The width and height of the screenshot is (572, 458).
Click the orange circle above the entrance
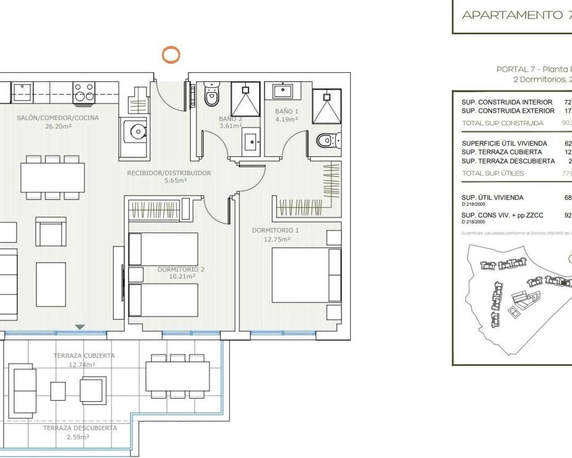click(171, 55)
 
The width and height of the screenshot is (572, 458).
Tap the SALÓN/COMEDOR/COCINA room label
click(58, 118)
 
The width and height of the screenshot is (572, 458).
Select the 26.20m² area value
click(58, 127)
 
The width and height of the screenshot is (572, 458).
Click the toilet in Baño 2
click(211, 95)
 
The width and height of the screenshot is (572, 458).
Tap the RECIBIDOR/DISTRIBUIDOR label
click(169, 173)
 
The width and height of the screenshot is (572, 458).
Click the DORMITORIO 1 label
click(275, 230)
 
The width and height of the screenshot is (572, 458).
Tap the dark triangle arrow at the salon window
click(80, 327)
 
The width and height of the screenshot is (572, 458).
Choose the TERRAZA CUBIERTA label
click(84, 356)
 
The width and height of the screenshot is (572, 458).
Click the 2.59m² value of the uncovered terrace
click(78, 437)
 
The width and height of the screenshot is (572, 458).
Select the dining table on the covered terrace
click(177, 376)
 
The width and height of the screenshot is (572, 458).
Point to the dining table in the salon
click(52, 178)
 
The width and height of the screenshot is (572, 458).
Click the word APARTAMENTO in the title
click(512, 15)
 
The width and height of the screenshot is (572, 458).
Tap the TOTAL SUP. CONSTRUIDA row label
click(502, 123)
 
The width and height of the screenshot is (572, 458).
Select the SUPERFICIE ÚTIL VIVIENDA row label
click(504, 144)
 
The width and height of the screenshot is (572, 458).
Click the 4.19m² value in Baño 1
click(286, 120)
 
